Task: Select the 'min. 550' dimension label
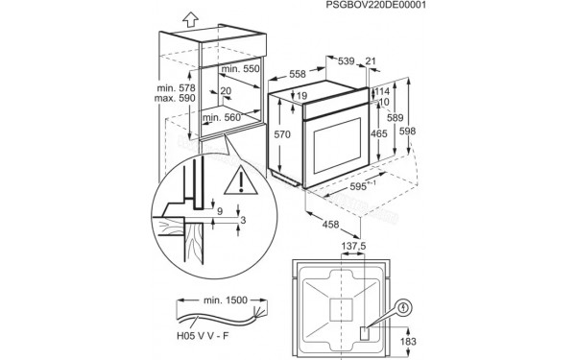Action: [x=239, y=70]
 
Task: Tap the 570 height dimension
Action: [x=281, y=136]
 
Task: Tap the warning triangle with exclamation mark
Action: [x=236, y=179]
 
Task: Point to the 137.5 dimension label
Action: [x=354, y=274]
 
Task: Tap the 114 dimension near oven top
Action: [x=381, y=91]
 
